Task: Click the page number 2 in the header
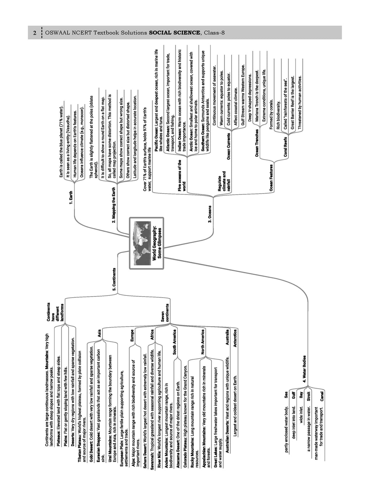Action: tap(35, 33)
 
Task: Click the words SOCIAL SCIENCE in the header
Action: tap(175, 33)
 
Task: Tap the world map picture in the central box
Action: tap(142, 243)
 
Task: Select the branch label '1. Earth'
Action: tap(71, 198)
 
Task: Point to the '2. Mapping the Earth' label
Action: tap(114, 205)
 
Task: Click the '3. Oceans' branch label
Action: tap(210, 214)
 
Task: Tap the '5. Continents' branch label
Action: tap(115, 279)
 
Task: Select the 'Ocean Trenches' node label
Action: tap(257, 143)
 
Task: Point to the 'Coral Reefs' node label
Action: tap(285, 147)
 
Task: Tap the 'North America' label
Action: tap(203, 342)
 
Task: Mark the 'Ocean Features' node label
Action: tap(271, 178)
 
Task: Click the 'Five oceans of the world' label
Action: tap(182, 176)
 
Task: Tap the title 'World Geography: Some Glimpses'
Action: tap(157, 243)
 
